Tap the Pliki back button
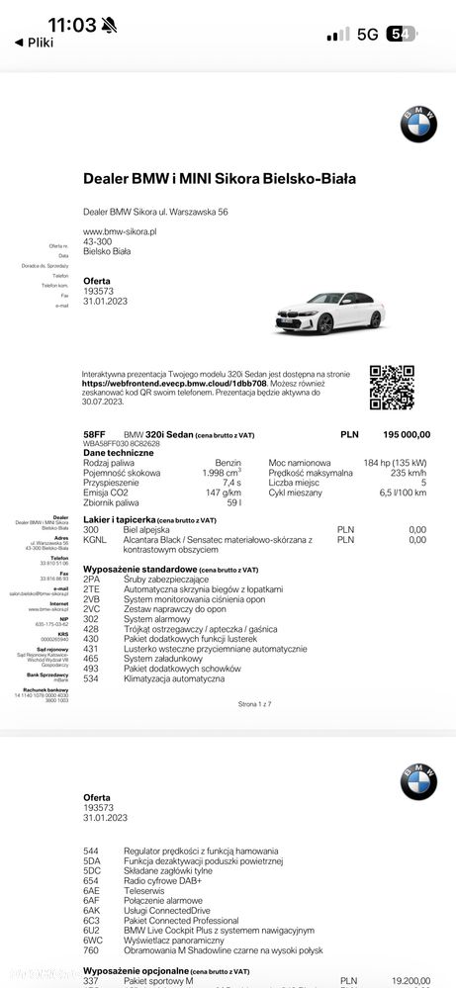(x=34, y=43)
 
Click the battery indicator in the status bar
(x=402, y=34)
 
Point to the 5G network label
(x=367, y=34)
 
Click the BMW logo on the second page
(x=417, y=781)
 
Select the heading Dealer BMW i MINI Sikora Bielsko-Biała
(x=220, y=179)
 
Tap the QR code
(x=392, y=388)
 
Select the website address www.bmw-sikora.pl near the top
(x=121, y=231)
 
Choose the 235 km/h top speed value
(x=406, y=472)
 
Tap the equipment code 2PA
(x=92, y=579)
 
